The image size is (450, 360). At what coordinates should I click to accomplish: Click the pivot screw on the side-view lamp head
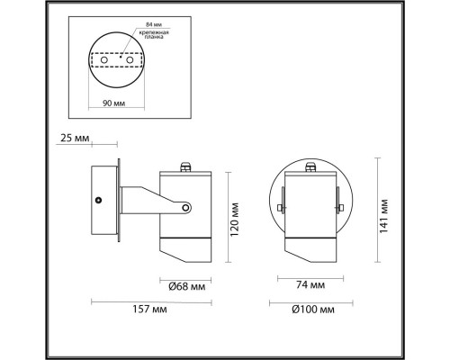click(185, 209)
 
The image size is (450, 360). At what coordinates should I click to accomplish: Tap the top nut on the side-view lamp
click(186, 166)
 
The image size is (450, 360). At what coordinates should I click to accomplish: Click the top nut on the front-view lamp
click(311, 166)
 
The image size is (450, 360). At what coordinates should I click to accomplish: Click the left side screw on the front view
click(281, 209)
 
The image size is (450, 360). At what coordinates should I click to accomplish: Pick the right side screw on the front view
click(342, 209)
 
